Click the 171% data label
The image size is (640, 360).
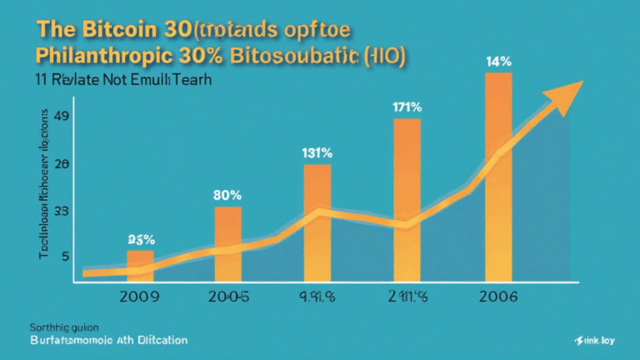click(407, 107)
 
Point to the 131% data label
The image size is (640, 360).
click(317, 152)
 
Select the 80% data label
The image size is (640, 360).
click(227, 195)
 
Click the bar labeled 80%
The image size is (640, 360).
click(227, 242)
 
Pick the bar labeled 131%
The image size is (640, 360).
click(317, 221)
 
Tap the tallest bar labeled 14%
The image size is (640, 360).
click(497, 175)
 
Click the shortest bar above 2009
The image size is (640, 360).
click(140, 265)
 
